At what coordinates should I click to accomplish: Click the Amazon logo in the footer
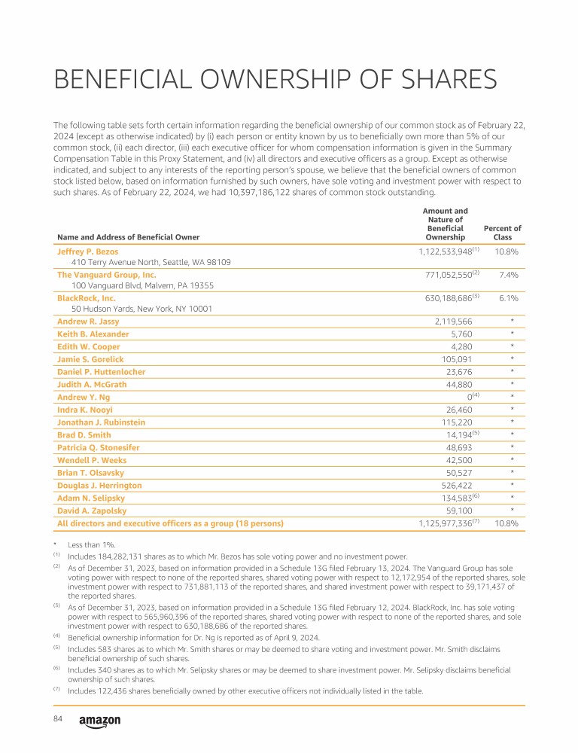pos(99,721)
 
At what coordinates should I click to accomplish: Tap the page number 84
pos(58,719)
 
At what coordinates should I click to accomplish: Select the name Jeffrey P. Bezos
pos(87,251)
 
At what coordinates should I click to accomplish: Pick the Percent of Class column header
pos(502,233)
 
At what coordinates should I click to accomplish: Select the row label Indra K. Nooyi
pos(85,410)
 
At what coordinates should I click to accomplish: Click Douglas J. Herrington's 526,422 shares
pos(454,486)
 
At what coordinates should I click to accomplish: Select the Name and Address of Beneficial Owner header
pos(128,237)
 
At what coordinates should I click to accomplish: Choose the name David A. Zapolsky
pos(92,511)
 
